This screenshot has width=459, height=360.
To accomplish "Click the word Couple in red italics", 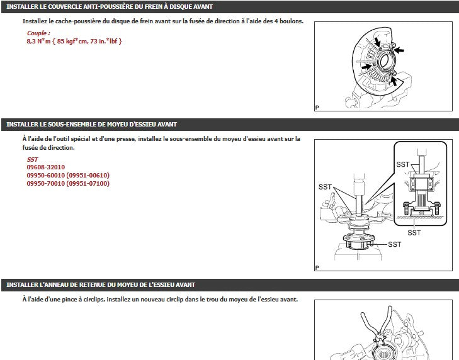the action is (37, 33).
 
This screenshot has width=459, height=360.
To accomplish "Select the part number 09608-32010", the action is (46, 167).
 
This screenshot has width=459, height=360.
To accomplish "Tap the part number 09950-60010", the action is (46, 176).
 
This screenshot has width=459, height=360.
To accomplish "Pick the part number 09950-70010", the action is (46, 184).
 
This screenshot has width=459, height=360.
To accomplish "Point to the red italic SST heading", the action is (33, 159).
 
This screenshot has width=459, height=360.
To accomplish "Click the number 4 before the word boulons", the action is (276, 21).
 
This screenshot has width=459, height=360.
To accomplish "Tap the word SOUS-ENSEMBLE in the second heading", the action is (71, 124).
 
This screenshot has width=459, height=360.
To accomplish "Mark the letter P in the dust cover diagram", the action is (317, 108).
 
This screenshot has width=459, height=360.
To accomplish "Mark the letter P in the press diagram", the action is (317, 267).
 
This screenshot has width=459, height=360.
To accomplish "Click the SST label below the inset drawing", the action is (414, 233).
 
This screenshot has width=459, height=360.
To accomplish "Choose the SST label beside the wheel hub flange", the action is (395, 244).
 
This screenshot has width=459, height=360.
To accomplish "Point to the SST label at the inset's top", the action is (403, 164).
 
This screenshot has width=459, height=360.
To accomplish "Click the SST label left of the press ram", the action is (325, 187).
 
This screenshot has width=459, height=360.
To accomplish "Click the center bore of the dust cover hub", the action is (384, 60).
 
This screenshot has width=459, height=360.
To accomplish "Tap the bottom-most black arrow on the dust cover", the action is (394, 81).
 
